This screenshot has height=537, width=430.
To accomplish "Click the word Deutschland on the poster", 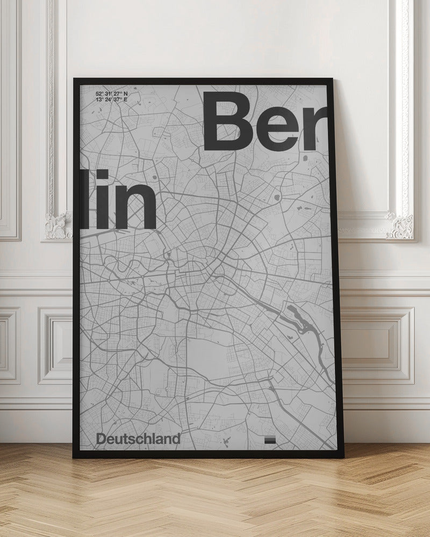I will point(138,439).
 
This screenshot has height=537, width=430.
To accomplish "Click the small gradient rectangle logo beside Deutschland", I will point(270,440).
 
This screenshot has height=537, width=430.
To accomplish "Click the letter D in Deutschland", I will point(101,439).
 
